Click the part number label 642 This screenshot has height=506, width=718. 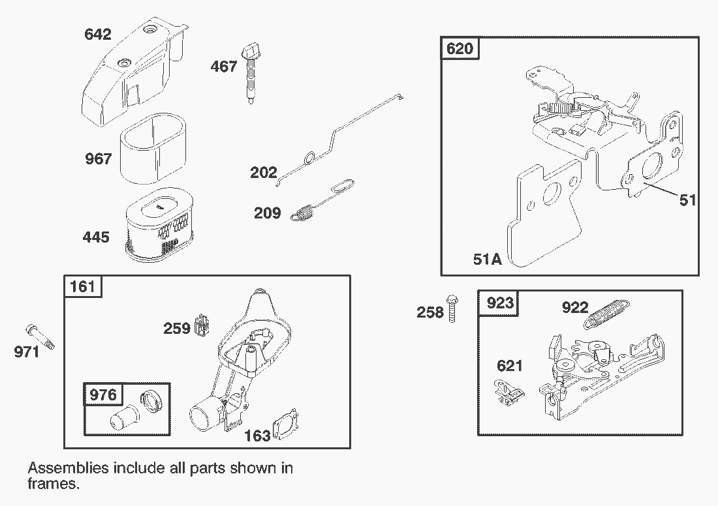[98, 34]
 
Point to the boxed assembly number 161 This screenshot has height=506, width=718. [82, 286]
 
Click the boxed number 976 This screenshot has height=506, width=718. [102, 394]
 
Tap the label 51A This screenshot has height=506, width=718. [487, 260]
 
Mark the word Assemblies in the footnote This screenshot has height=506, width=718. [68, 468]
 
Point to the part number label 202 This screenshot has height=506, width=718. [264, 173]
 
